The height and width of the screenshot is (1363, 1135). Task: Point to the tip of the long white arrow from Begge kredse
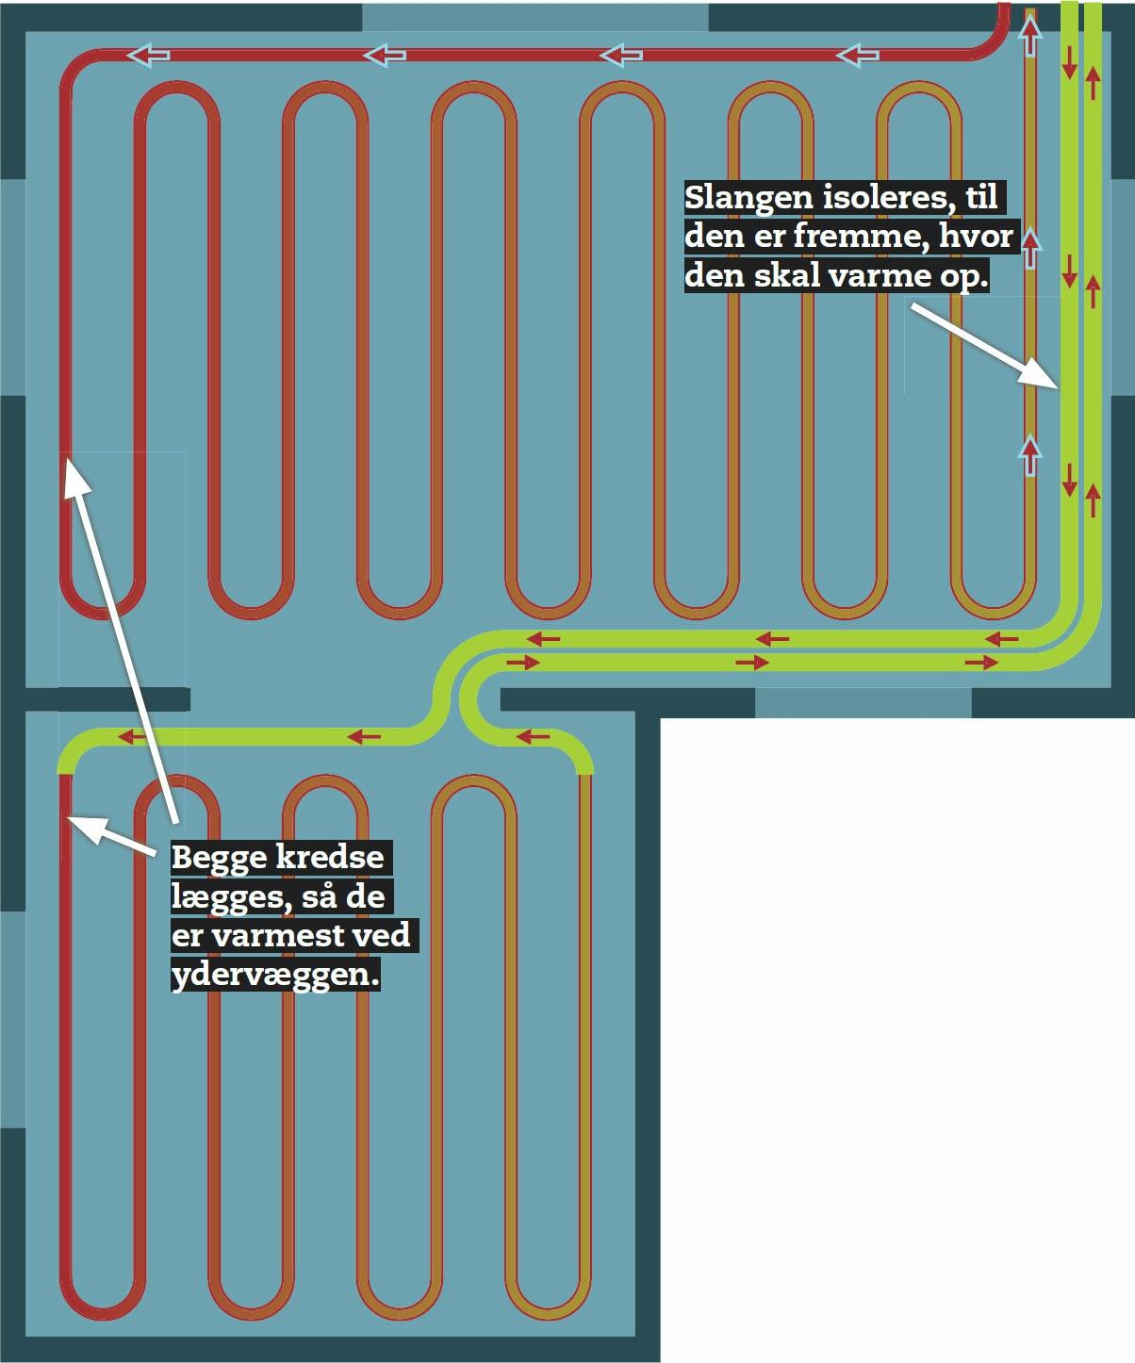pos(67,459)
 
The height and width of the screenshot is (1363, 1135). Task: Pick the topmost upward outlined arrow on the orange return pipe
pos(1029,35)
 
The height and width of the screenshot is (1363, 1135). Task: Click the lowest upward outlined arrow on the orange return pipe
pos(1029,455)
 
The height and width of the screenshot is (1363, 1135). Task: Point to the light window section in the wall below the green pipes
pos(864,703)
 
